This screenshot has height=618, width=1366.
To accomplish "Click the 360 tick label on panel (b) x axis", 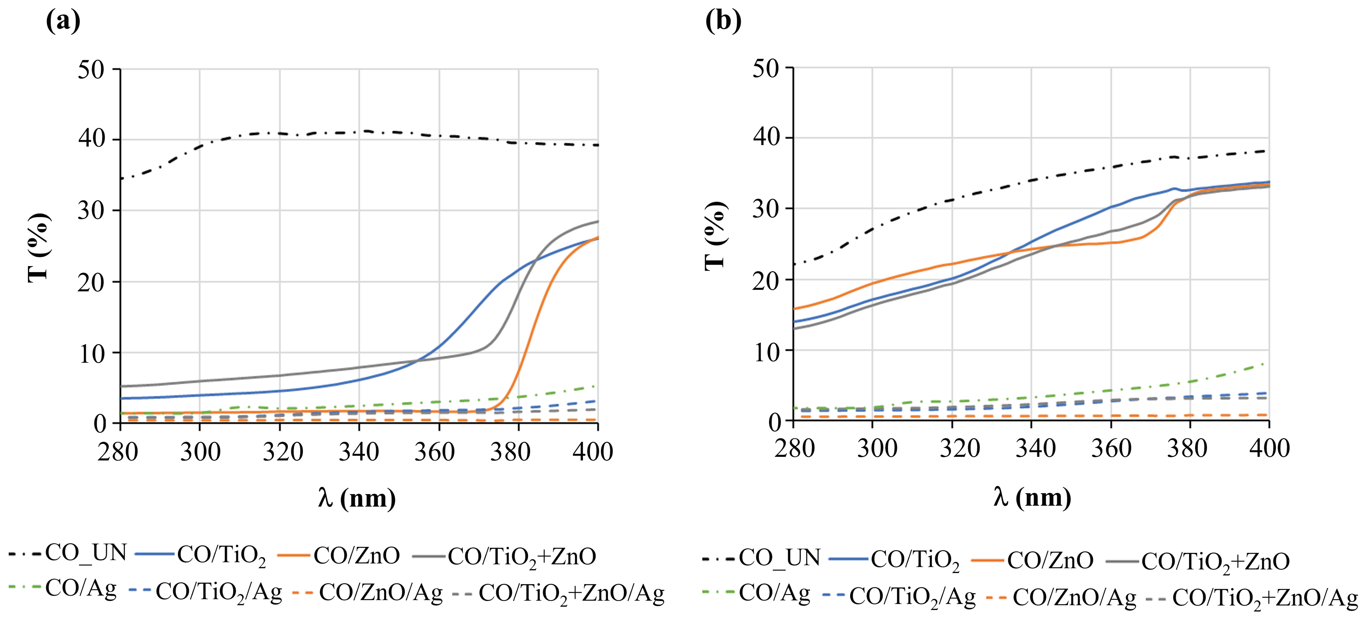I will coord(1110,449).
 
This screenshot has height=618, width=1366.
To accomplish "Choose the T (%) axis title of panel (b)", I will coord(715,236).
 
